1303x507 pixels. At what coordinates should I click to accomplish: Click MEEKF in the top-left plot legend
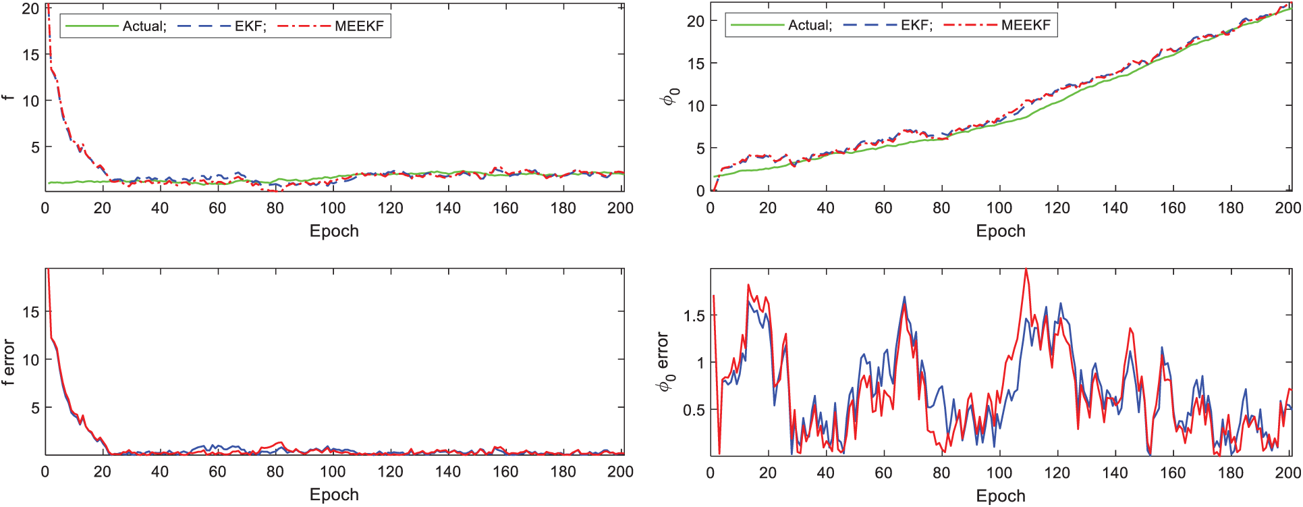tap(358, 26)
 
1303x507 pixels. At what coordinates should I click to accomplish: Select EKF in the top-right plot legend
tap(916, 25)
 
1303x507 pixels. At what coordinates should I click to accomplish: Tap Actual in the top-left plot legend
tap(143, 26)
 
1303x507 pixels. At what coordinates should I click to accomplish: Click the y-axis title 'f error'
tap(8, 362)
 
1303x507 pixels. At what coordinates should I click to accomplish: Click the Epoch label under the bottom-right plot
tap(1000, 496)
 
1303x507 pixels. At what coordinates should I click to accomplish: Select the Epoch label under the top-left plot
tap(334, 231)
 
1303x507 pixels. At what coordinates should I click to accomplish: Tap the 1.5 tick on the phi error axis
tap(694, 316)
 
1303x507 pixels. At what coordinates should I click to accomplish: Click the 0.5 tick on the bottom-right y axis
tap(694, 410)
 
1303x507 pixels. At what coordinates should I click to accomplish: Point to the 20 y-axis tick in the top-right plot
tap(695, 22)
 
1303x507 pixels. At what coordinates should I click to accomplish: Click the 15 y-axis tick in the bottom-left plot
tap(30, 312)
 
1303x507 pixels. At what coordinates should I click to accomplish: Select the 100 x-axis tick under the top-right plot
tap(999, 208)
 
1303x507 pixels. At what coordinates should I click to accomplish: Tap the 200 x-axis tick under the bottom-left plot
tap(620, 472)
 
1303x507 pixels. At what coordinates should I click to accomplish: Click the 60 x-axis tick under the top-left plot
tap(217, 208)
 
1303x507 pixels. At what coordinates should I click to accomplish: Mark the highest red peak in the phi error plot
tap(1026, 270)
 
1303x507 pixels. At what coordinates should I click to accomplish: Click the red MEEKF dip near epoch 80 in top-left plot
tap(275, 191)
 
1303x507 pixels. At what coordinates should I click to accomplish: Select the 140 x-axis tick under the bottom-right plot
tap(1115, 473)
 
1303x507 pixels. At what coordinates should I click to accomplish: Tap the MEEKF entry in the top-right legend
tap(1026, 25)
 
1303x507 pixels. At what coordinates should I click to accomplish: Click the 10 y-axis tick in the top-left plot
tap(30, 101)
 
